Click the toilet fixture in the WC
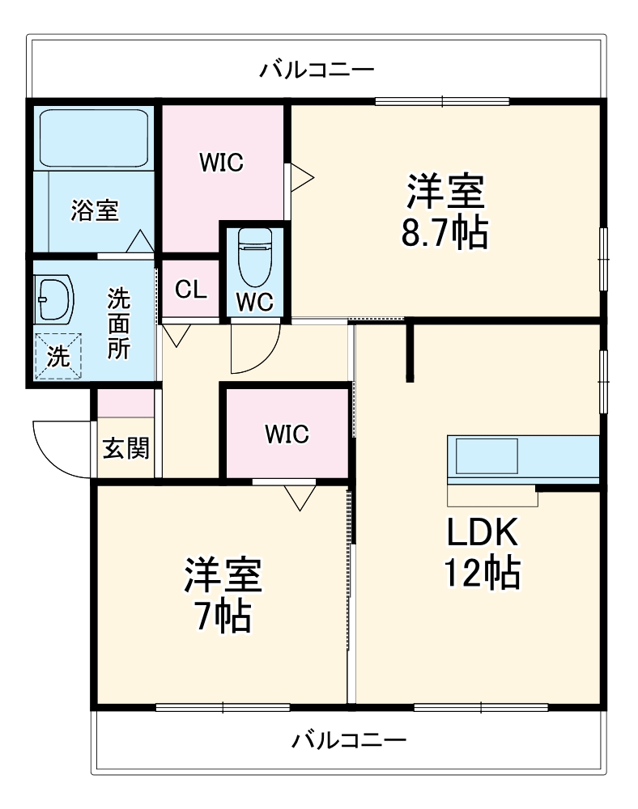coord(255,256)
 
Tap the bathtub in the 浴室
coord(94,138)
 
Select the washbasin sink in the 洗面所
coord(54,299)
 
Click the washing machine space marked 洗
coord(57,357)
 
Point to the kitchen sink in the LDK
coord(487,456)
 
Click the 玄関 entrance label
coord(126,448)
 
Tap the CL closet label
coord(191,290)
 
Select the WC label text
coord(255,302)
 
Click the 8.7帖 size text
coord(445,234)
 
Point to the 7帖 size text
coord(223,616)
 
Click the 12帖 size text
coord(482,574)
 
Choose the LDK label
coord(482,532)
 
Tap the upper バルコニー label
coord(317,69)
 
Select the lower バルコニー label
coord(350,741)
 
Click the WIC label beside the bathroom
coord(222,163)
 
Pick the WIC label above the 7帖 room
coord(287,434)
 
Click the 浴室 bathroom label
coord(95,210)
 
